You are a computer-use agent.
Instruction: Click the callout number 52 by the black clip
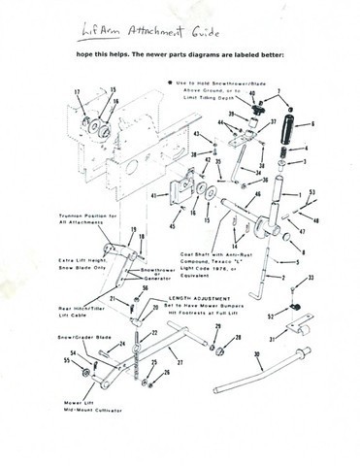(271, 316)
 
